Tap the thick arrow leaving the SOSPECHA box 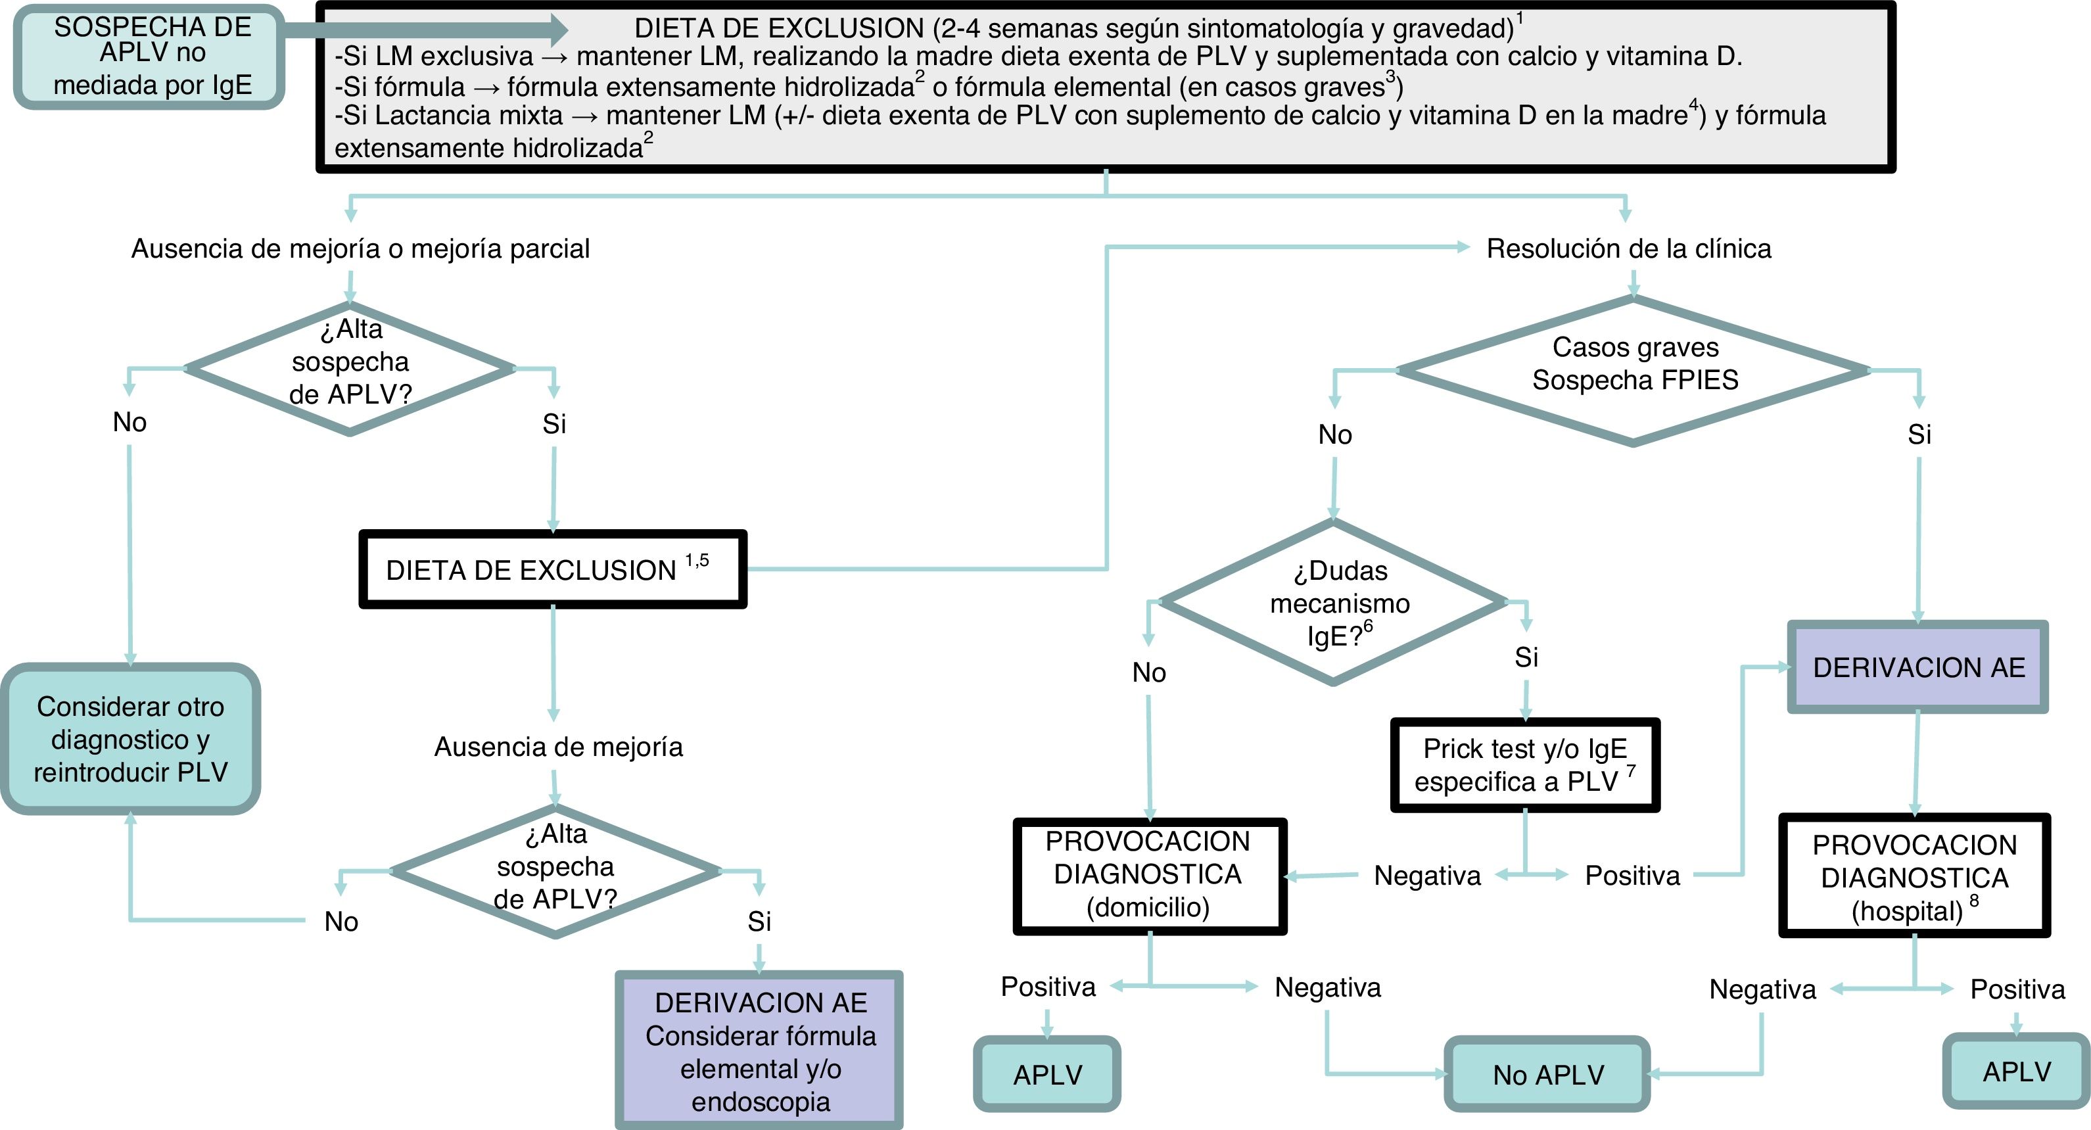tap(422, 30)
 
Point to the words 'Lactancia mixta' tap(469, 115)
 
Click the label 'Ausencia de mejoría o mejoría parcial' tap(360, 248)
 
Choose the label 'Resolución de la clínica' tap(1628, 248)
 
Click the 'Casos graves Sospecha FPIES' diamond tap(1634, 370)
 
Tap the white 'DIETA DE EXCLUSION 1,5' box tap(552, 570)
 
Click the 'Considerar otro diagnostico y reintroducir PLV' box tap(131, 739)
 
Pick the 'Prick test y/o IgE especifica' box tap(1525, 765)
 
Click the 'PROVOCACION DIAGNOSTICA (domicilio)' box tap(1148, 875)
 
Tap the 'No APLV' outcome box tap(1547, 1074)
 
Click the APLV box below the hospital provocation tap(2016, 1071)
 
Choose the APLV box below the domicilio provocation tap(1047, 1074)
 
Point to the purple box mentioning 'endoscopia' tap(760, 1051)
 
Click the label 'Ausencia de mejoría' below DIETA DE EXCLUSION tap(559, 747)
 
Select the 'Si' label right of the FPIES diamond tap(1919, 435)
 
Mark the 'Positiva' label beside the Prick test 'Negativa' tap(1632, 875)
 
